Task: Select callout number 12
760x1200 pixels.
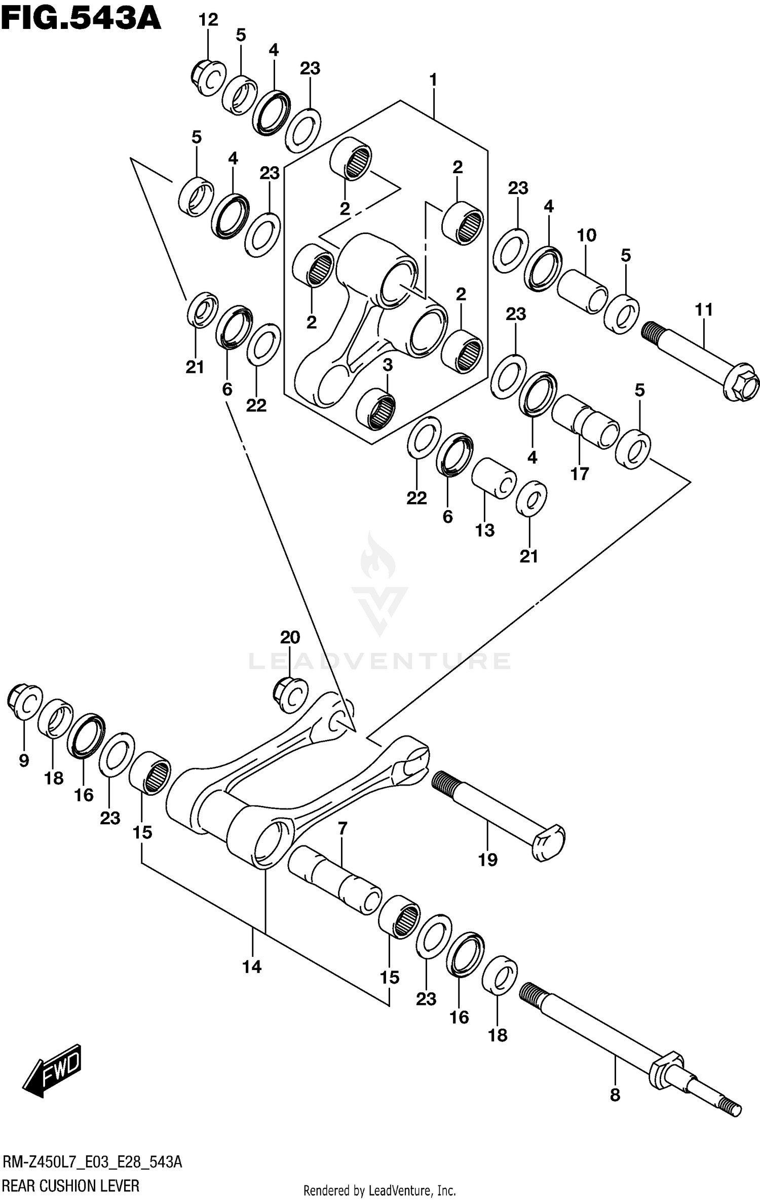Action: [x=208, y=20]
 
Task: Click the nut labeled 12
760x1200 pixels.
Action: [x=208, y=78]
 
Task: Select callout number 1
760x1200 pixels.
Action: [x=433, y=80]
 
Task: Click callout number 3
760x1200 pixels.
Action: [x=388, y=365]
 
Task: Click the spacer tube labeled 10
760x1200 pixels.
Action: [x=583, y=291]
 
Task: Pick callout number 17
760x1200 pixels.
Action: [x=580, y=474]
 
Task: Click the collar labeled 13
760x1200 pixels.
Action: [x=493, y=478]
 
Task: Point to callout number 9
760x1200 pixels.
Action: [x=24, y=760]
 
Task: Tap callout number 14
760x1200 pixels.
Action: [x=252, y=966]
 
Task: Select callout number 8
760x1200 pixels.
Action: [x=615, y=1095]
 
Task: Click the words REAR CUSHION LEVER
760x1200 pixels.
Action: [x=71, y=1186]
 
